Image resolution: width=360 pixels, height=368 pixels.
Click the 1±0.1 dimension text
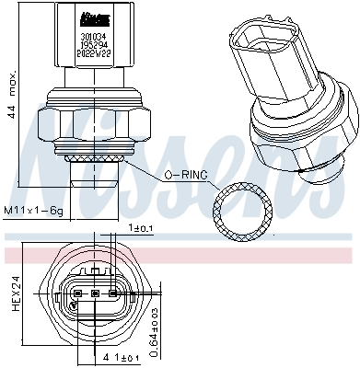click(x=141, y=227)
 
